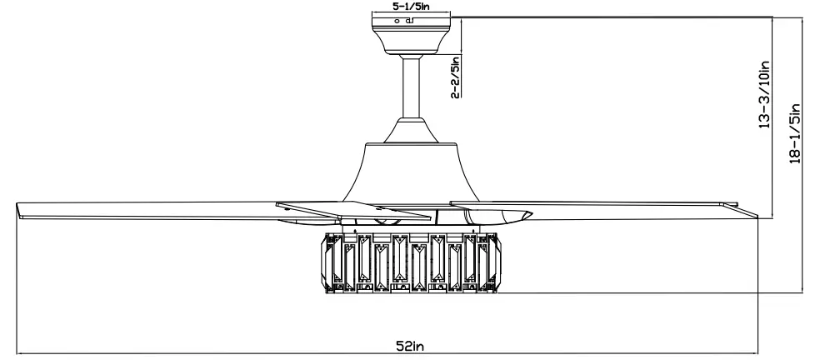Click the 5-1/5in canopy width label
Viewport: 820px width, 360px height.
point(412,7)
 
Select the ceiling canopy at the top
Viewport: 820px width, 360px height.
point(412,37)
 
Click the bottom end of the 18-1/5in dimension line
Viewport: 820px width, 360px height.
point(799,293)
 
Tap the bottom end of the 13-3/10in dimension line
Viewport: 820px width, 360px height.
point(773,219)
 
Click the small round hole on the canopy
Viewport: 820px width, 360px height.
point(397,19)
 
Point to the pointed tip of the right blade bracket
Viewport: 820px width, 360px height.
point(530,216)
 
